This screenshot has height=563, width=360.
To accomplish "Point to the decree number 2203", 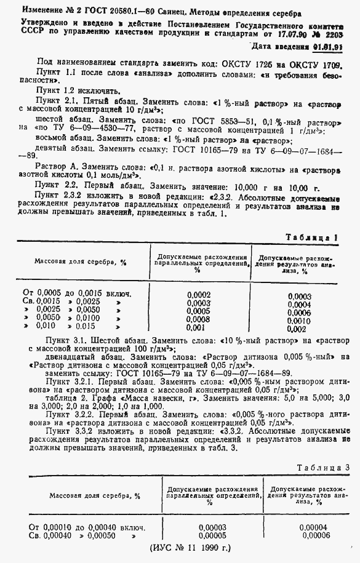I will pos(342,36).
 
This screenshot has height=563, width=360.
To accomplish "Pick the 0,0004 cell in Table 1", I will pos(299,305).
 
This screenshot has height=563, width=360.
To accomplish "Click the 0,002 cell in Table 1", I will pos(299,329).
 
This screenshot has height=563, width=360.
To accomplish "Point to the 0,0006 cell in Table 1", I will pos(299,313).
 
